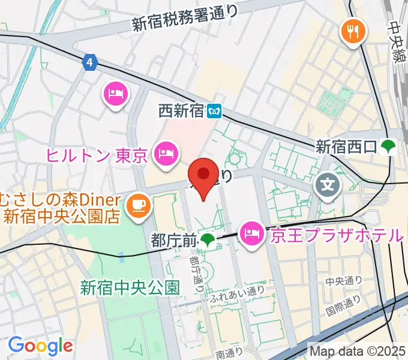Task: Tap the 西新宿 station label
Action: (x=181, y=110)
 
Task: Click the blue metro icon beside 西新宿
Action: (x=214, y=110)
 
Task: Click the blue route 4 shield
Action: (x=90, y=62)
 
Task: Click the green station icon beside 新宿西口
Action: (x=388, y=146)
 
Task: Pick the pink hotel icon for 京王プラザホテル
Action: (x=251, y=231)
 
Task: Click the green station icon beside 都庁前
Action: (x=208, y=241)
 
